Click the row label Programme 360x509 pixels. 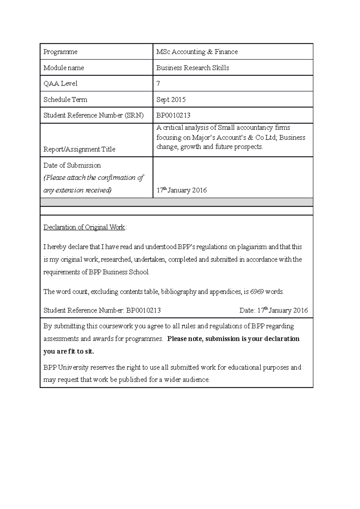(60, 52)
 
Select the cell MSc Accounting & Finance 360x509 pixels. (197, 52)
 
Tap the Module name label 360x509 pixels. (64, 68)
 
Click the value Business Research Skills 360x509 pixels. (193, 68)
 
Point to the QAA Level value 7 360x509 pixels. (158, 84)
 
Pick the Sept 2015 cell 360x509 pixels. (171, 100)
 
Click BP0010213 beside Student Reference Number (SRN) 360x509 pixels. (173, 115)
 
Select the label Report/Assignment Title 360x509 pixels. (79, 149)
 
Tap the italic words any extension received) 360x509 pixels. (77, 190)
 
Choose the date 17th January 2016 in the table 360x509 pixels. (181, 190)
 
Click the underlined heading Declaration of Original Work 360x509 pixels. (84, 227)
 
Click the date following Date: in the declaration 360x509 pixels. (283, 311)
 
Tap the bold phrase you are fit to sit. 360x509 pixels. (69, 352)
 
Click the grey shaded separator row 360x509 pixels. (176, 202)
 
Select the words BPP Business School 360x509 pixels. (119, 272)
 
